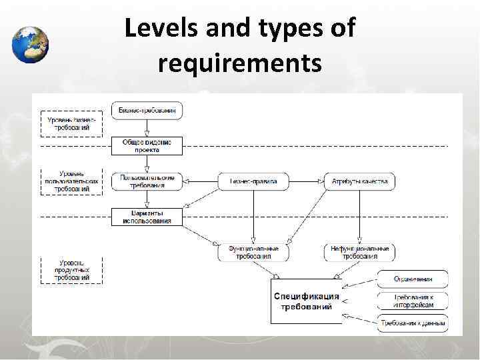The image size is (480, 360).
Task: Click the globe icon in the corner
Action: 30,45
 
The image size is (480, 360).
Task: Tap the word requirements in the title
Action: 240,63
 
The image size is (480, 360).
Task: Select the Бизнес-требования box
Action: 147,110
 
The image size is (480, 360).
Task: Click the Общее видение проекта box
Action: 147,145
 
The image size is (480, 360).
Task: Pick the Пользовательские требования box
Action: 147,181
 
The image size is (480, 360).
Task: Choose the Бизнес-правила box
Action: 253,181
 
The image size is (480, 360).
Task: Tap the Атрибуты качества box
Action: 359,181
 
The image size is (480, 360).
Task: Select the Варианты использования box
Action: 147,217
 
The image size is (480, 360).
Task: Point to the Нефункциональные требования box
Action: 359,252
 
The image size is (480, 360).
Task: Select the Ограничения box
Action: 413,279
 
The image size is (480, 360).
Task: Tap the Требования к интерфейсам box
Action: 413,301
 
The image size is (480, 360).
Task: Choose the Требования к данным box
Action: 413,323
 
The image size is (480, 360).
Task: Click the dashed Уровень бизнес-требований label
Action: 71,123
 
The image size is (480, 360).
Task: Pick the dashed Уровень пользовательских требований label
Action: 71,181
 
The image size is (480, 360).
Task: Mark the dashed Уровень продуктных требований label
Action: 71,269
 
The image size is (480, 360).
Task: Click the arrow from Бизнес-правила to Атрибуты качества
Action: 305,181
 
